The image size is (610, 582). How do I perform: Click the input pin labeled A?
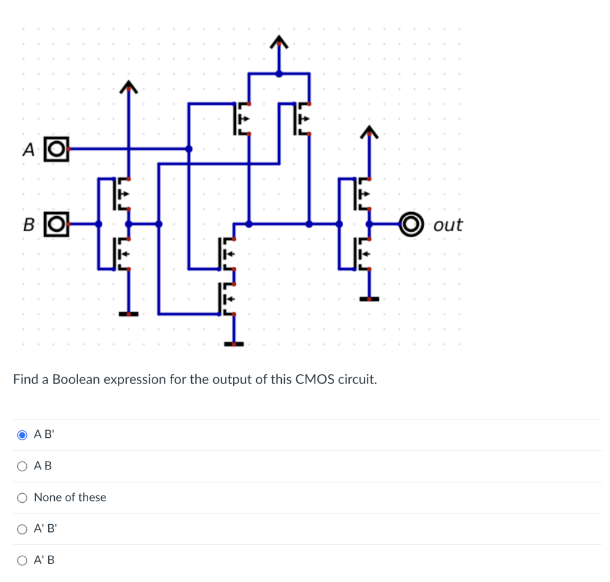(x=57, y=148)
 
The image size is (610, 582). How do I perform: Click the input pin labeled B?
(x=57, y=224)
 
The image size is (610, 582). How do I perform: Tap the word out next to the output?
(x=448, y=225)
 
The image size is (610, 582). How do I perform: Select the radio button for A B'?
(x=22, y=435)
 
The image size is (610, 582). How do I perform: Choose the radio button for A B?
(x=22, y=466)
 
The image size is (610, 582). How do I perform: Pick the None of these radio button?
(x=22, y=497)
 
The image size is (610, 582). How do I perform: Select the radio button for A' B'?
(x=22, y=528)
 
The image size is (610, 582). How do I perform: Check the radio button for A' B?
(x=22, y=560)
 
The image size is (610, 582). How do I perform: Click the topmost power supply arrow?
(x=278, y=42)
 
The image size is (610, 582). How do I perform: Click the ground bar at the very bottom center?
(x=234, y=344)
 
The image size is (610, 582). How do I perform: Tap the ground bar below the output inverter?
(x=369, y=298)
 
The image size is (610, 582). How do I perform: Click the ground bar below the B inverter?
(x=128, y=313)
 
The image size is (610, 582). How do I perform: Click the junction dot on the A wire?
(x=188, y=148)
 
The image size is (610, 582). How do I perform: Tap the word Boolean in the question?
(x=76, y=379)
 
